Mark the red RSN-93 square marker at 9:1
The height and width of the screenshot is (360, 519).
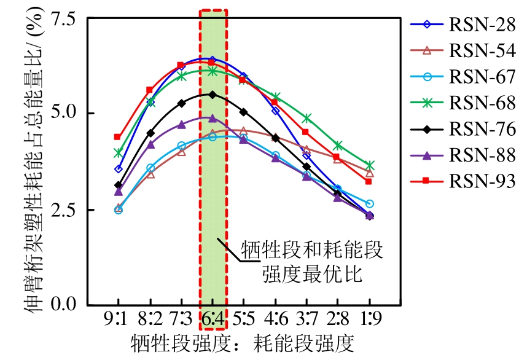pyautogui.click(x=117, y=137)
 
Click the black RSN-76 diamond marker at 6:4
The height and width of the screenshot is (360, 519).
pyautogui.click(x=213, y=95)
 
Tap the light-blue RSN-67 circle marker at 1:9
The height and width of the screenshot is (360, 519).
pyautogui.click(x=369, y=203)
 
